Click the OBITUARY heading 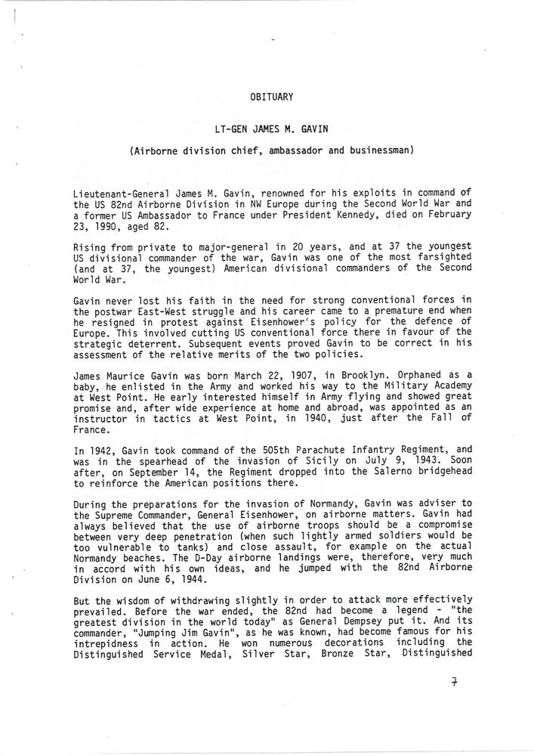click(x=271, y=96)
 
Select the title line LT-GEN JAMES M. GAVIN click(x=272, y=128)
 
